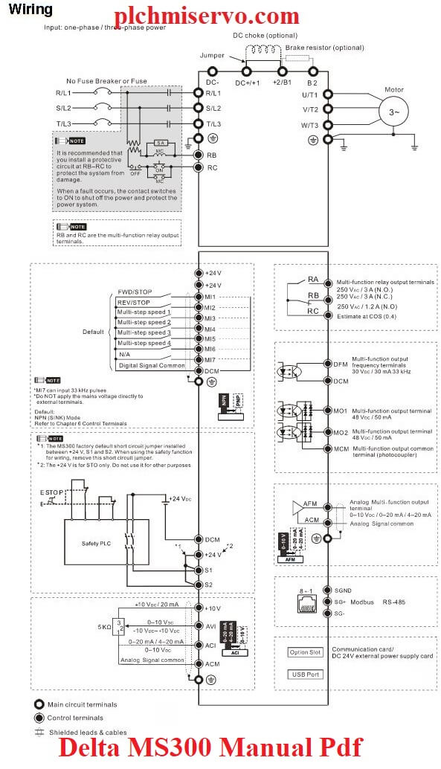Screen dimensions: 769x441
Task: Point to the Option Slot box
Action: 306,652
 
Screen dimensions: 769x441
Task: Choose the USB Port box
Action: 306,674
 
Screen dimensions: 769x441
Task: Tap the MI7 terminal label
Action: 210,360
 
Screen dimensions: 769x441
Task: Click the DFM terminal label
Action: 341,364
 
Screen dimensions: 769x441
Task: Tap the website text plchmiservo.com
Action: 207,15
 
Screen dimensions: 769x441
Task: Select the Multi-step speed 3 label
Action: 144,332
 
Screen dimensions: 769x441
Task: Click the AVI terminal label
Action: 210,626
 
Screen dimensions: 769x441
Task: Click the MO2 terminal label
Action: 341,432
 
